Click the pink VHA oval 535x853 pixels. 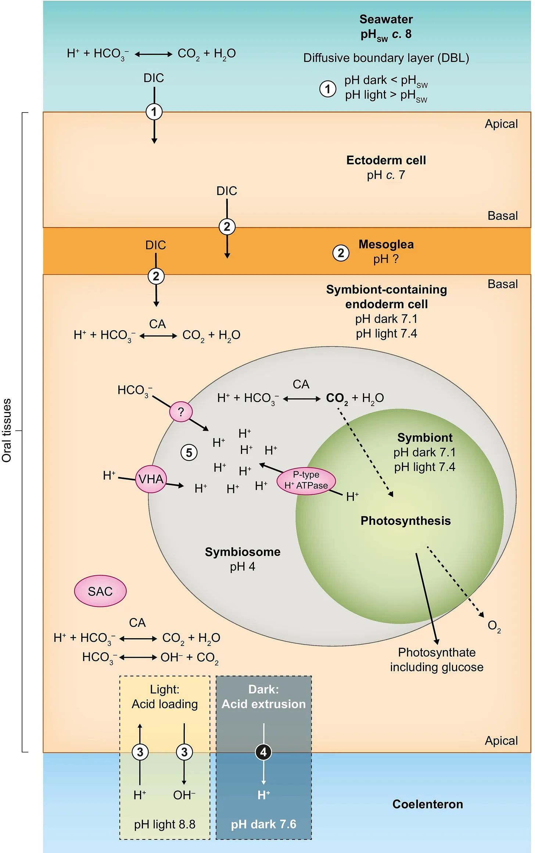151,479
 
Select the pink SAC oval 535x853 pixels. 100,591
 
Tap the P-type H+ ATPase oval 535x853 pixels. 306,480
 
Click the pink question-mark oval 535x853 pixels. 181,412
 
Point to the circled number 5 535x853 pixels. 189,452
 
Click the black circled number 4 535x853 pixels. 263,752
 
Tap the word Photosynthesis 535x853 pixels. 405,521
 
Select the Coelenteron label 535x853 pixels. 427,804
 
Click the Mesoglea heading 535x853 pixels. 386,244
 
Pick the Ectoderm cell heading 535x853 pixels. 386,160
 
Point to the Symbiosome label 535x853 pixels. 243,552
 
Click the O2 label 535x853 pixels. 494,626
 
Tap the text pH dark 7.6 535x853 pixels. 263,824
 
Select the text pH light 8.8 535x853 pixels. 165,824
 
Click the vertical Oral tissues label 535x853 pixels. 7,430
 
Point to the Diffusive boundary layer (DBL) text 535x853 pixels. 386,58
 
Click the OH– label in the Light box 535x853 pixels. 184,795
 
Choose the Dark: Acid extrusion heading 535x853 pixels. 263,696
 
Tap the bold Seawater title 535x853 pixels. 386,19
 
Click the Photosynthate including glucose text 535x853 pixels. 437,660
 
